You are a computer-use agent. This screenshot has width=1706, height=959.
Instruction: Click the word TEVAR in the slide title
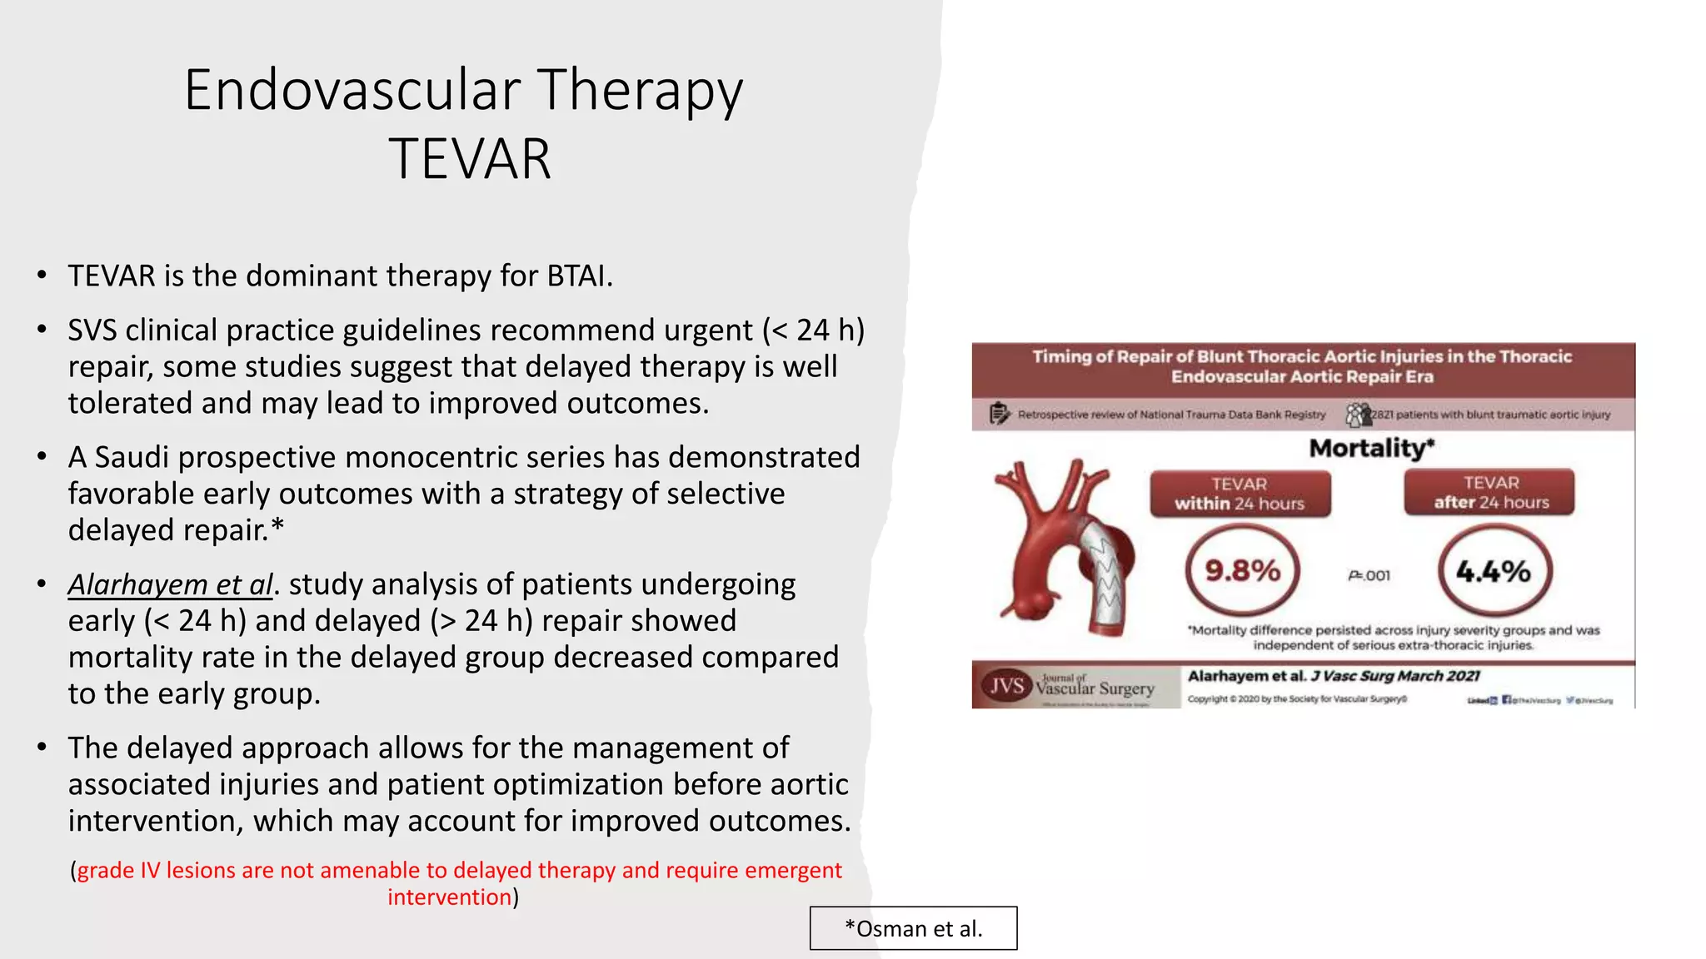tap(470, 159)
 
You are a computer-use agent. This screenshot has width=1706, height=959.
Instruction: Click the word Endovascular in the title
tap(352, 90)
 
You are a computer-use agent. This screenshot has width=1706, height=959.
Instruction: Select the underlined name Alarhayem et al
tap(171, 584)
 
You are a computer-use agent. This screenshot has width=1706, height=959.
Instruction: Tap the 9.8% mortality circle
tap(1242, 571)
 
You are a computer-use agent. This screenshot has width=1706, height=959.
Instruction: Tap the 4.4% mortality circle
tap(1494, 571)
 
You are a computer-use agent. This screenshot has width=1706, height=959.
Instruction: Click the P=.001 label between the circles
tap(1369, 575)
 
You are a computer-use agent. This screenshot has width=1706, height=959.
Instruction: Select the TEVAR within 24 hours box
tap(1240, 494)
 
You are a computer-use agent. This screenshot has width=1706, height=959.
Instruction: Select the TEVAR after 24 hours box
tap(1490, 493)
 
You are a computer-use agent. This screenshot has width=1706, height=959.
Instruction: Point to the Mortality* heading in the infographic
tap(1371, 448)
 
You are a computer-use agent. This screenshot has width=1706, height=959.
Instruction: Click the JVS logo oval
tap(1006, 686)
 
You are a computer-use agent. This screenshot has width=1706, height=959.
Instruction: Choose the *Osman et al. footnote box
tap(913, 928)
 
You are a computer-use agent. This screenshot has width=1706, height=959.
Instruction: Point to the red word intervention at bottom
tap(449, 897)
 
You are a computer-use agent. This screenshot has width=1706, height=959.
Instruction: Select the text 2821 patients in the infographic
tap(1408, 415)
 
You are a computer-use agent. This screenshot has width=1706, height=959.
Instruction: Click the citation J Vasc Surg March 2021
tap(1395, 676)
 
